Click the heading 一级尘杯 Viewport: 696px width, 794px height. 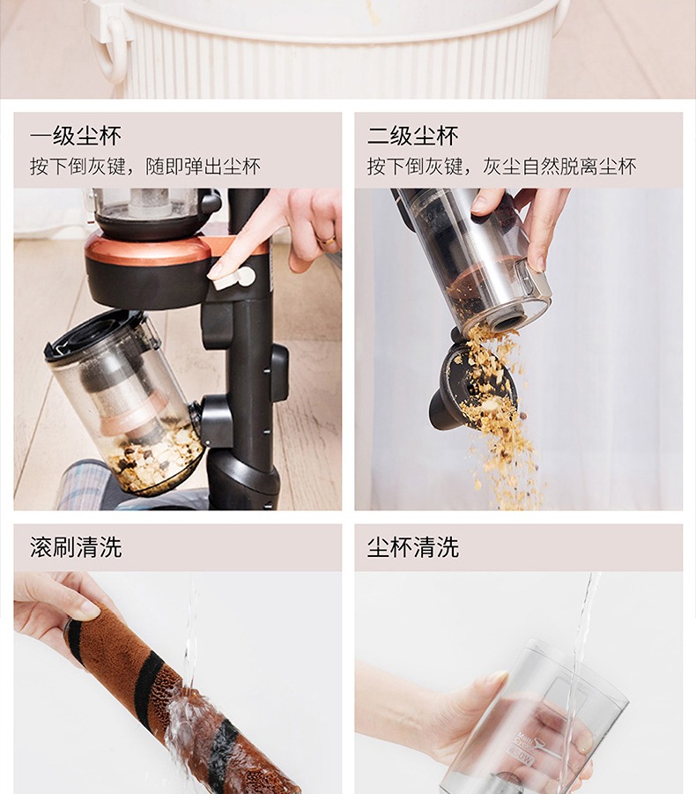[x=76, y=137]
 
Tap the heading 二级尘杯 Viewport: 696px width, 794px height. [x=413, y=137]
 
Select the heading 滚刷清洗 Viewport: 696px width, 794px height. [x=76, y=547]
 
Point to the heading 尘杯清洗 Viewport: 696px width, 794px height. [x=413, y=547]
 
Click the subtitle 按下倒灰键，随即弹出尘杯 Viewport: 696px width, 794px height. [x=145, y=166]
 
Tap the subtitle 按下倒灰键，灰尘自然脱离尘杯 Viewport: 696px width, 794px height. [x=501, y=166]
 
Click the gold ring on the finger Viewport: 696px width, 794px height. [x=328, y=240]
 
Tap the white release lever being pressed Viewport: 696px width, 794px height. [x=233, y=278]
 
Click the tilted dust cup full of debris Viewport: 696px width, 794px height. [x=124, y=403]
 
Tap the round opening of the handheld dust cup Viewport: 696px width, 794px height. [x=507, y=321]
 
